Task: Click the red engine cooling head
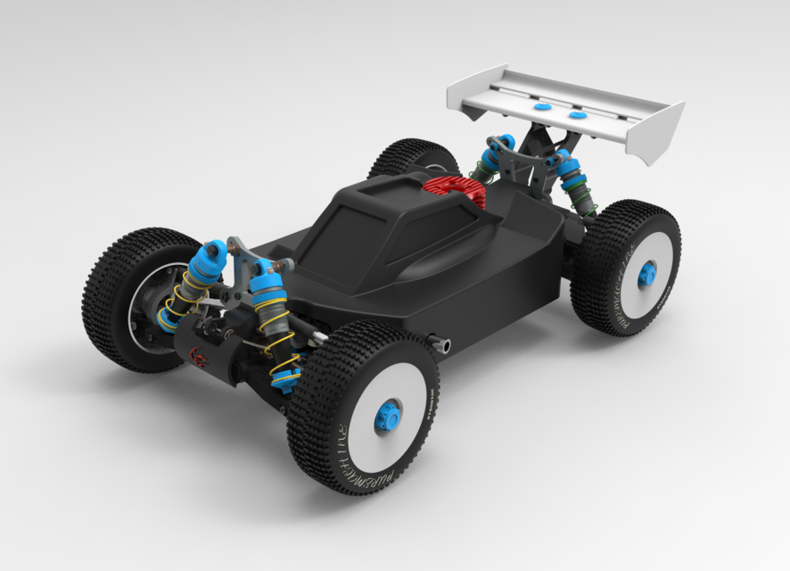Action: coord(454,189)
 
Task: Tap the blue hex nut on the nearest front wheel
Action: coord(387,416)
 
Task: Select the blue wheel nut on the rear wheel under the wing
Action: coord(646,274)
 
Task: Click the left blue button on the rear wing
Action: coord(540,106)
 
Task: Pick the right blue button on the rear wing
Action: coord(578,114)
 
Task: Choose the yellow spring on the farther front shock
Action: coord(185,299)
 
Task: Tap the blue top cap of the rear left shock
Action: coord(504,144)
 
